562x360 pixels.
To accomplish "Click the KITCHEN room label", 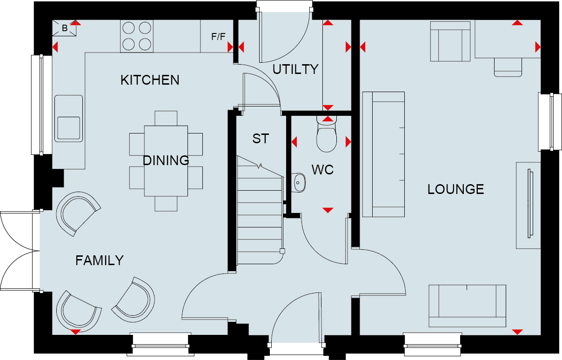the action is point(150,80).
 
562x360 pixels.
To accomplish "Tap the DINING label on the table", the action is point(166,160).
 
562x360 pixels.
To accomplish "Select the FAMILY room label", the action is point(100,260).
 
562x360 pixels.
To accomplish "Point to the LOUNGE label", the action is point(455,189).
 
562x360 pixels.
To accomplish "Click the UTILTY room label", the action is point(295,69).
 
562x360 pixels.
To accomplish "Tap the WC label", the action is point(323,170).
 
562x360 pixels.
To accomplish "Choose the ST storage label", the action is point(261,139).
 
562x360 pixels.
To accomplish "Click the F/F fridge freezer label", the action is point(218,37).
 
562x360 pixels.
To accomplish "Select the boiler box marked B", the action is point(64,28).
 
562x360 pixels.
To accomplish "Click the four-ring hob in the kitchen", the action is point(137,36).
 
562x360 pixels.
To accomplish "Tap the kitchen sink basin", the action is point(68,119).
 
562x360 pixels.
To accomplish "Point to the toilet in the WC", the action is point(327,133).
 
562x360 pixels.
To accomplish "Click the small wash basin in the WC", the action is point(298,183).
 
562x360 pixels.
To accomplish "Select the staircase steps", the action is point(260,210).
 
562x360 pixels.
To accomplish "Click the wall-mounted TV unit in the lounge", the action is point(529,205).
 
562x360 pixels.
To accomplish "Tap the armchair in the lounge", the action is point(450,41).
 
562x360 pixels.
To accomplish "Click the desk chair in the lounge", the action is point(508,67).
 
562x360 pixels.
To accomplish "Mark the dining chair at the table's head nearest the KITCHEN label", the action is point(166,118).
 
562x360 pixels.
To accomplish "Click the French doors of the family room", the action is point(20,251).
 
